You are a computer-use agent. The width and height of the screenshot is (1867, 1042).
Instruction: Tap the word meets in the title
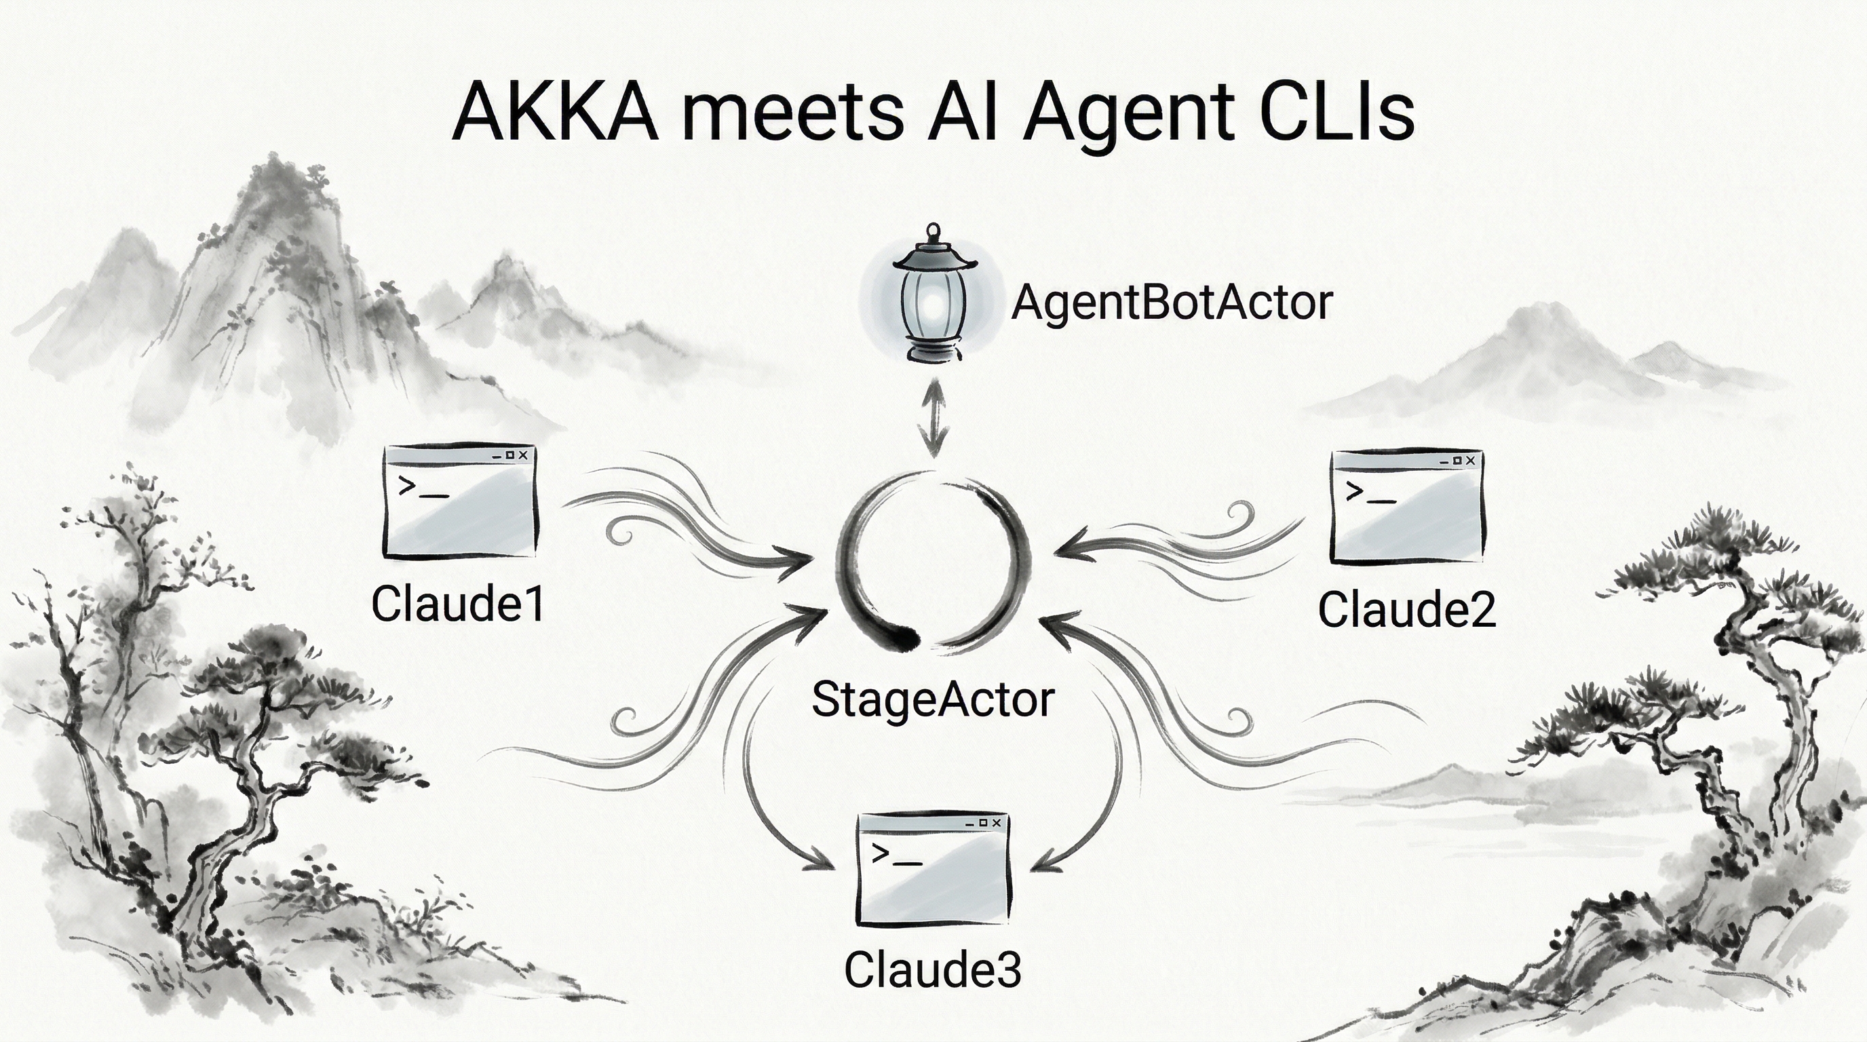coord(793,114)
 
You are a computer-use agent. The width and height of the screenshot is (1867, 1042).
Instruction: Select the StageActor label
coord(932,700)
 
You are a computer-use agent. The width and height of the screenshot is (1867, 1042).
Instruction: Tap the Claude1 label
coord(457,604)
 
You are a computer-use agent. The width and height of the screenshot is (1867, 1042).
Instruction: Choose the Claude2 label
coord(1406,609)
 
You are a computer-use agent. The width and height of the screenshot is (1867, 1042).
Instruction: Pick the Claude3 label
coord(933,969)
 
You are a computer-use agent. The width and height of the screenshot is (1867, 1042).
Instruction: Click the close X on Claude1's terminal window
coord(523,455)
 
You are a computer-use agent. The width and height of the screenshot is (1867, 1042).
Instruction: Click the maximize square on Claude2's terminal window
coord(1457,461)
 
